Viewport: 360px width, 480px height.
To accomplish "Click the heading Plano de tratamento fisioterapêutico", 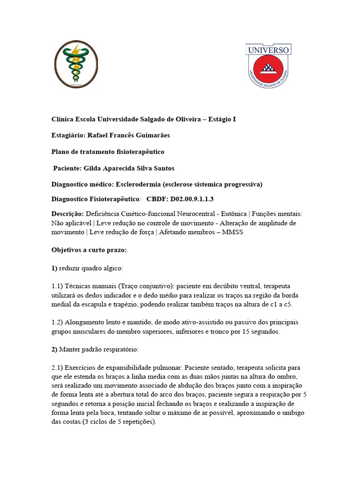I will (108, 152).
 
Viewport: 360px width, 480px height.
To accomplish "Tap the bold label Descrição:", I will (67, 214).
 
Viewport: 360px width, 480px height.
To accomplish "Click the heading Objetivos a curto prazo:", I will (89, 250).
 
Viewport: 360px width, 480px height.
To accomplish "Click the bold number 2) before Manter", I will (54, 349).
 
